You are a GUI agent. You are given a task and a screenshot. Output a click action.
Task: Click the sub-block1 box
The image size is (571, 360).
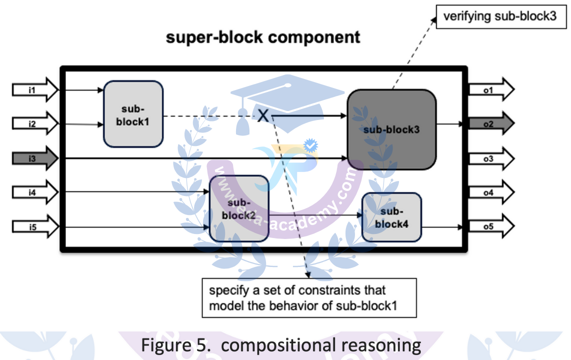point(133,114)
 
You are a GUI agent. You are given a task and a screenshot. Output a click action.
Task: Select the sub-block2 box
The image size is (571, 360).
point(239,208)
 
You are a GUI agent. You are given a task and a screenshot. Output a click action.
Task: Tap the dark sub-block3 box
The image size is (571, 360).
point(391,129)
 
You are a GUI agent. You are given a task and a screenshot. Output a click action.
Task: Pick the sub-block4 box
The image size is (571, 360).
point(391,217)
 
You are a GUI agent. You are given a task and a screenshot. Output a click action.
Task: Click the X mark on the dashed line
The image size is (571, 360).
point(263,116)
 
